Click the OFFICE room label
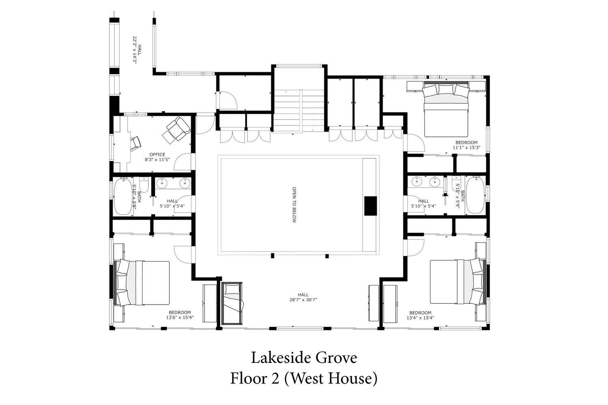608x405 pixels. tap(157, 155)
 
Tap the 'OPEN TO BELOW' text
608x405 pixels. tap(294, 205)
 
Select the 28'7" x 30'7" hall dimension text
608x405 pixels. tap(303, 300)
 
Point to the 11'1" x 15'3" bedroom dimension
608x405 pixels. tap(466, 147)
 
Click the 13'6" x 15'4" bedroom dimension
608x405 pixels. tap(180, 318)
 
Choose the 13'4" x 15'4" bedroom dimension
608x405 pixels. tap(420, 318)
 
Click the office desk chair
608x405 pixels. tap(135, 144)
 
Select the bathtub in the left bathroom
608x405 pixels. tap(123, 196)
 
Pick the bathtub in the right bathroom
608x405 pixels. tap(475, 195)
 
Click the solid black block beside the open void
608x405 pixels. tap(370, 206)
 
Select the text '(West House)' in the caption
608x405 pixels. tap(331, 378)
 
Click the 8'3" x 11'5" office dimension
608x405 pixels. tap(157, 160)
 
